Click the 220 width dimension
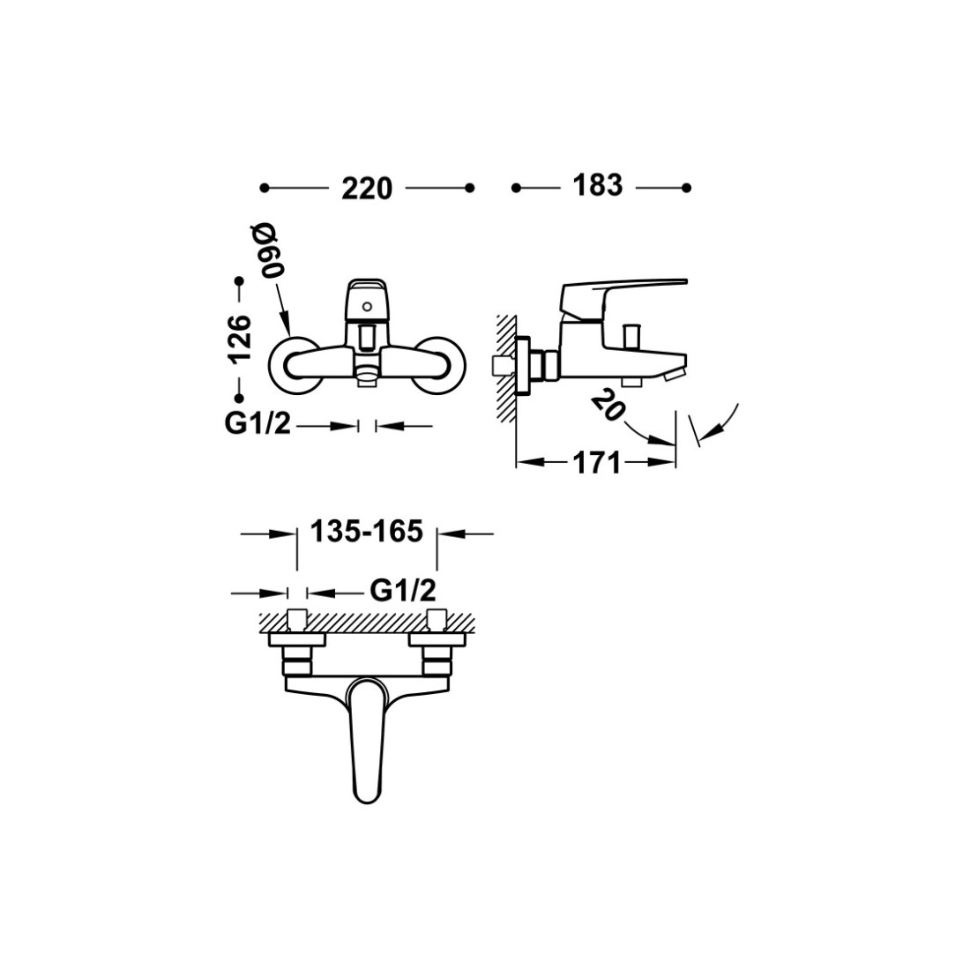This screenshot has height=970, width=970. [367, 188]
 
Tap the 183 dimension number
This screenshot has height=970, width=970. [597, 185]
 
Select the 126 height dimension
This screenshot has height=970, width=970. [240, 339]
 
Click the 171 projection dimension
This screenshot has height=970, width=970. [596, 463]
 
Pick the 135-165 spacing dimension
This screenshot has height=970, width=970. [366, 532]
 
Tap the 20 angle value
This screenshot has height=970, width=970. [608, 407]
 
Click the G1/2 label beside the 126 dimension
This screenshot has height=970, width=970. [257, 424]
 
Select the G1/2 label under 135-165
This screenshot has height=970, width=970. [403, 591]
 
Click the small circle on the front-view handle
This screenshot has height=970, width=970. [368, 306]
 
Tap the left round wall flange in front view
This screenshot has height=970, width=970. [295, 366]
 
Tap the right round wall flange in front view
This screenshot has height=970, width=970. [439, 366]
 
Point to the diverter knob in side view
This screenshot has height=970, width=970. [631, 336]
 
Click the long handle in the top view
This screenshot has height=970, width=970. [367, 739]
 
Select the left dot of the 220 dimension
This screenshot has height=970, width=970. [265, 188]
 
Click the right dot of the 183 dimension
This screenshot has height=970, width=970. [686, 188]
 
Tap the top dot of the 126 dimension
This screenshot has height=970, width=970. [240, 281]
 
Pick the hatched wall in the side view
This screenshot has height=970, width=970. [505, 368]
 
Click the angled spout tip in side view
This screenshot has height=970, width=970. [675, 372]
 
